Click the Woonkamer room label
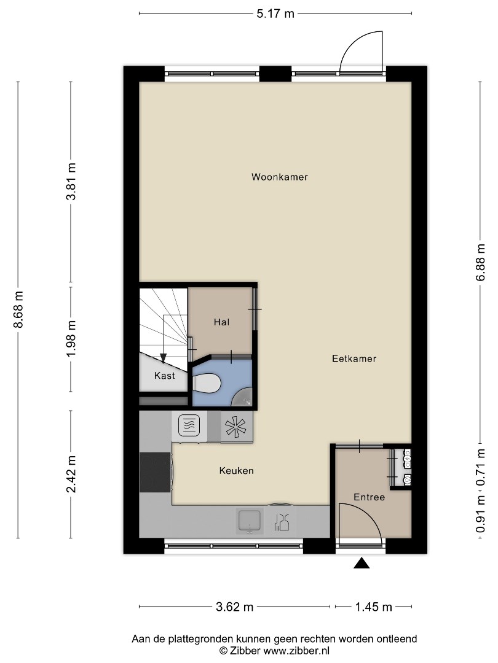(280, 177)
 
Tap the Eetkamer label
(354, 359)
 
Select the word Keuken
(236, 471)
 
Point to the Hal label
(221, 322)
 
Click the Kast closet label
(164, 376)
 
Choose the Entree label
(370, 497)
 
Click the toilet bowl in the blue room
(207, 384)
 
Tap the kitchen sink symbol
(250, 521)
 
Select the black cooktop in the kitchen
(155, 472)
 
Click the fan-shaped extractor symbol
(236, 427)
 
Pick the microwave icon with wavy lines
(189, 425)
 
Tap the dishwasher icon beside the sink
(282, 522)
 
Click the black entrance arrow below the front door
(362, 563)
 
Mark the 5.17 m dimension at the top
(275, 14)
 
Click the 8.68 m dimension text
(18, 309)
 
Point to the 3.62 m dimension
(235, 607)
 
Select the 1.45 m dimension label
(373, 607)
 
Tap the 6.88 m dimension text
(480, 262)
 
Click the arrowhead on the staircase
(163, 359)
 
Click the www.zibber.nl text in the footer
(296, 651)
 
